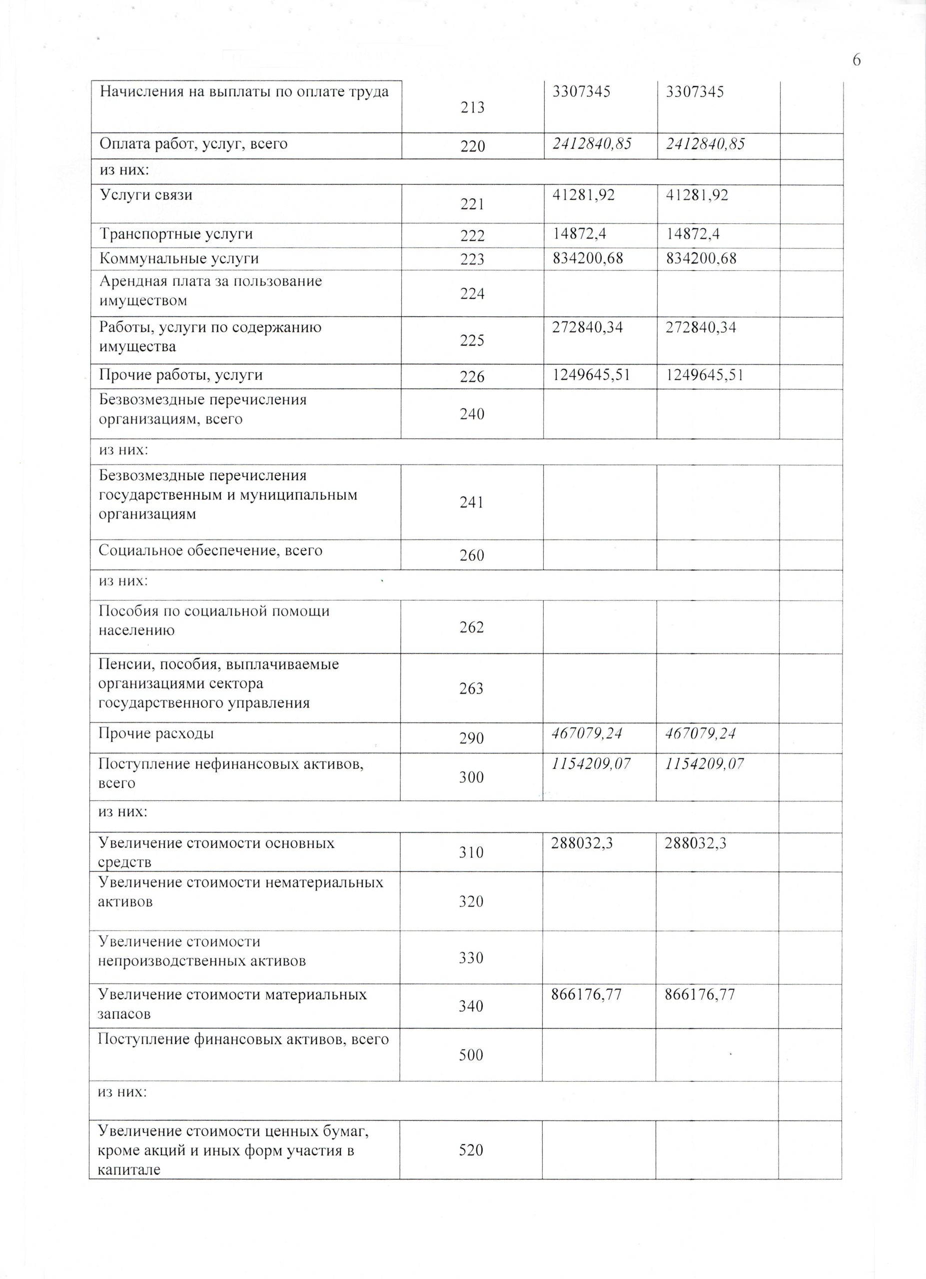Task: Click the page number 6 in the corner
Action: [856, 60]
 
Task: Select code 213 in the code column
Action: [472, 107]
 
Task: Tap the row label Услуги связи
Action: [146, 195]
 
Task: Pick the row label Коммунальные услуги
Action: [179, 259]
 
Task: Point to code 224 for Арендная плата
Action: [472, 293]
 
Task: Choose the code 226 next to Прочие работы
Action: [472, 377]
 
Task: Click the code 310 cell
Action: [471, 852]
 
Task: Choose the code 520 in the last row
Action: [471, 1150]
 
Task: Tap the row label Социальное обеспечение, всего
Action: [210, 551]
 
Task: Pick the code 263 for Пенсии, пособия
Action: [471, 688]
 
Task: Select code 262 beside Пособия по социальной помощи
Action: [471, 627]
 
